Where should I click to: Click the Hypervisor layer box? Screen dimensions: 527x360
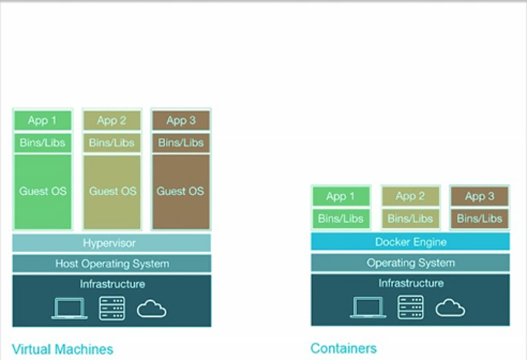pos(112,242)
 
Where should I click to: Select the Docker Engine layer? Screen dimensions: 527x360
pos(411,242)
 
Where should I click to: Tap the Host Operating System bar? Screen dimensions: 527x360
pos(112,264)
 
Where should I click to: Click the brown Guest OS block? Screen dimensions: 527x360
pos(181,192)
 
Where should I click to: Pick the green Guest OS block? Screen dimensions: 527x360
pos(43,192)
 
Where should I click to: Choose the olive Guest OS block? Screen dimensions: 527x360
pos(112,192)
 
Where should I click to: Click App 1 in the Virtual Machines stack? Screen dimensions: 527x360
pos(43,120)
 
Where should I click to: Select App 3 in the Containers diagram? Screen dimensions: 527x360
pos(480,196)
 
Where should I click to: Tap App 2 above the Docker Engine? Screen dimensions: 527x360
pos(411,196)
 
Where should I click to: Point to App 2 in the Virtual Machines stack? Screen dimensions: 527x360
pos(112,120)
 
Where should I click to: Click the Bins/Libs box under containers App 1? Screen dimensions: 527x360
pos(341,219)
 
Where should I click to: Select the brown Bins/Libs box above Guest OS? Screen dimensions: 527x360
pos(181,143)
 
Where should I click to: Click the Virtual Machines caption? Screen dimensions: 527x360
pos(63,349)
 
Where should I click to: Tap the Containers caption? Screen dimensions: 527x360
pos(344,348)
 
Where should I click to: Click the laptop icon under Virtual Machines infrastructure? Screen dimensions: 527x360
pos(70,308)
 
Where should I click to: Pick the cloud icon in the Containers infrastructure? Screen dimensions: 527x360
pos(451,308)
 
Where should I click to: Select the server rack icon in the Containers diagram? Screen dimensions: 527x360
pos(411,307)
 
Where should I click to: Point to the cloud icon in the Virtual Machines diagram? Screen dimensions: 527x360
pos(152,308)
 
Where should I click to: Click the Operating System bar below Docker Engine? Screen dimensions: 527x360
pos(411,262)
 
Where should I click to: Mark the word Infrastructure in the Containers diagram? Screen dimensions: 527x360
pos(411,283)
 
